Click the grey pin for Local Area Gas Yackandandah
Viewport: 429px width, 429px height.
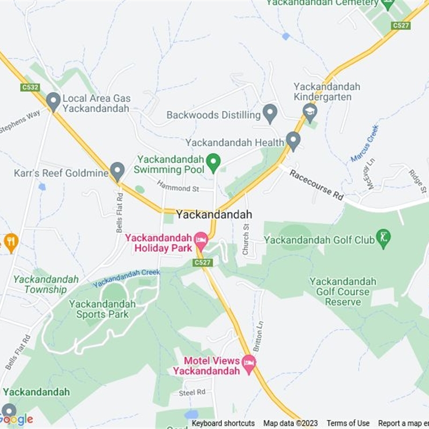[x=53, y=100]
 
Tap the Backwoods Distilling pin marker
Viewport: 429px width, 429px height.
[x=270, y=113]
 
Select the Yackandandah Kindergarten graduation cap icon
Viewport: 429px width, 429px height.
[x=310, y=112]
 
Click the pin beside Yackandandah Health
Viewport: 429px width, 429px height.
[x=293, y=140]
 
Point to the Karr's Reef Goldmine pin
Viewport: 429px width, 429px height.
[x=117, y=172]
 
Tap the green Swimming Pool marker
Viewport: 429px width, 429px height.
[x=214, y=162]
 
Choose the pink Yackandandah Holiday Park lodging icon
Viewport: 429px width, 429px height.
[x=201, y=240]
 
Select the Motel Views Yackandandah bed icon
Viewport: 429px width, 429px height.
[x=248, y=363]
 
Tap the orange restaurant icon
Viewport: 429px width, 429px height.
[x=10, y=242]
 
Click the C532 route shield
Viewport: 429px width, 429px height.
[x=30, y=87]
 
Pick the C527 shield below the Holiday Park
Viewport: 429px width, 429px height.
[x=203, y=262]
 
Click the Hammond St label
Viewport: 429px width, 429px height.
[x=177, y=188]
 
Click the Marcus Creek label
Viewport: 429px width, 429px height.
[x=365, y=143]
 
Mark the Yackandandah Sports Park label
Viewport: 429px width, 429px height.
[x=102, y=309]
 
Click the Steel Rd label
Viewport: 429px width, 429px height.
[x=192, y=392]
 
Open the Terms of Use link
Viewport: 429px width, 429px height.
[x=348, y=423]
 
